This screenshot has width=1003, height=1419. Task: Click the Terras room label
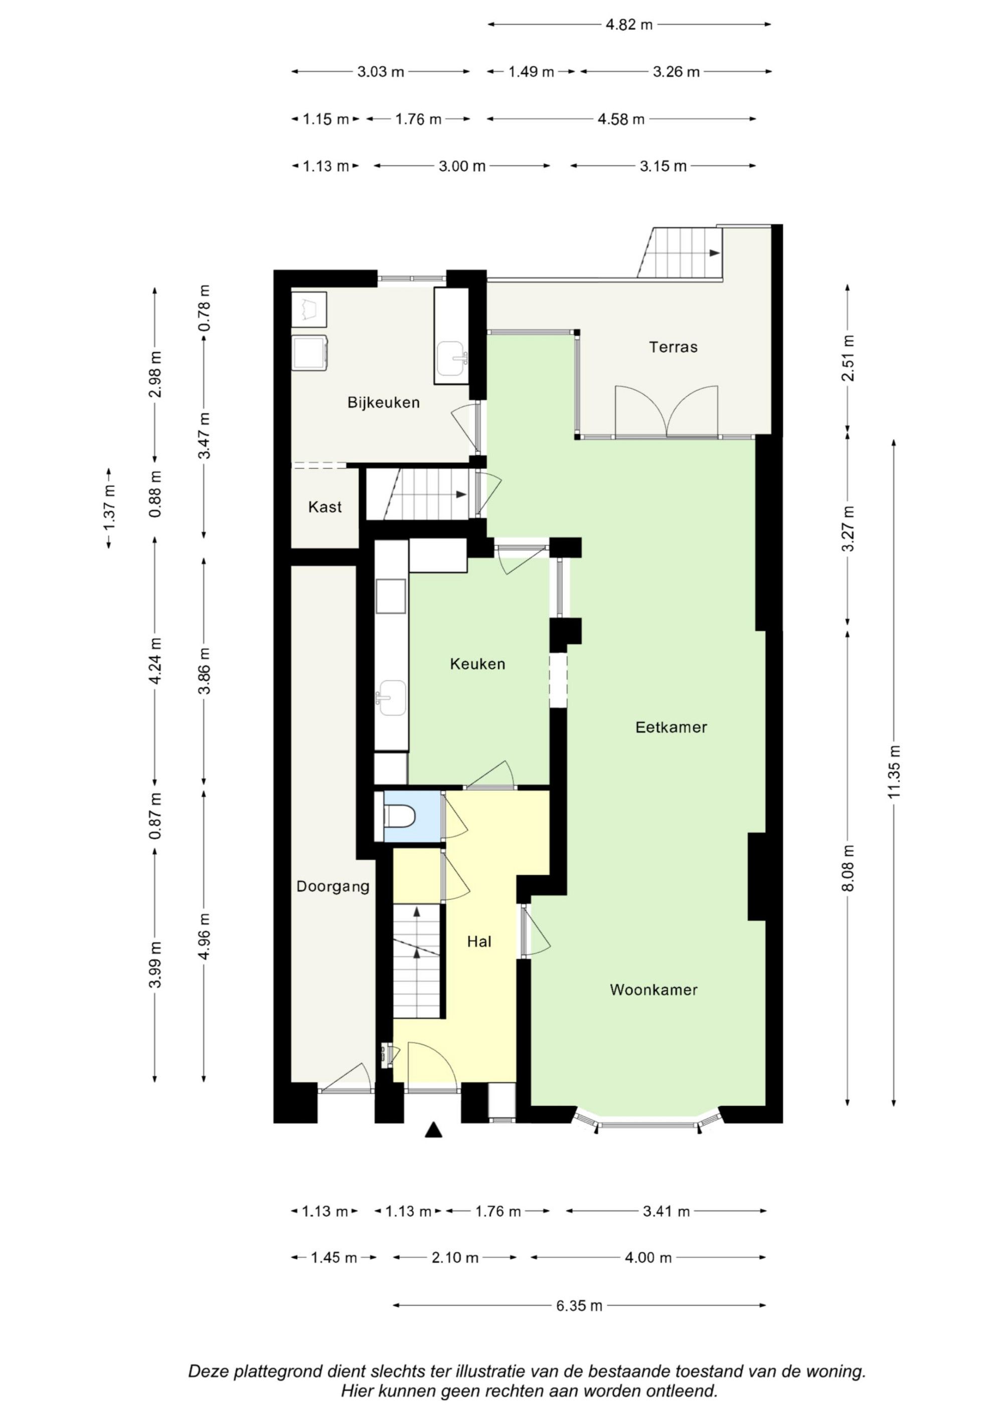[x=673, y=347]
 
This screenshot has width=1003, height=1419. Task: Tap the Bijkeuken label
[x=383, y=402]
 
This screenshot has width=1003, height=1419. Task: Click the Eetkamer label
[x=671, y=727]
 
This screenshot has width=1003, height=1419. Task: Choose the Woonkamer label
[x=653, y=990]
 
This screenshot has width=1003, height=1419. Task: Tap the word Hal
[x=479, y=941]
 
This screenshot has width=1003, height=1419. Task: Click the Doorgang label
[x=332, y=886]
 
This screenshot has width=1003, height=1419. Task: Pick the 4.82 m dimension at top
[x=629, y=25]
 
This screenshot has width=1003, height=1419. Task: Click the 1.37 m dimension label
[x=109, y=508]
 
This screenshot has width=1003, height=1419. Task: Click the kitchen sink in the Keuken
[x=391, y=698]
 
